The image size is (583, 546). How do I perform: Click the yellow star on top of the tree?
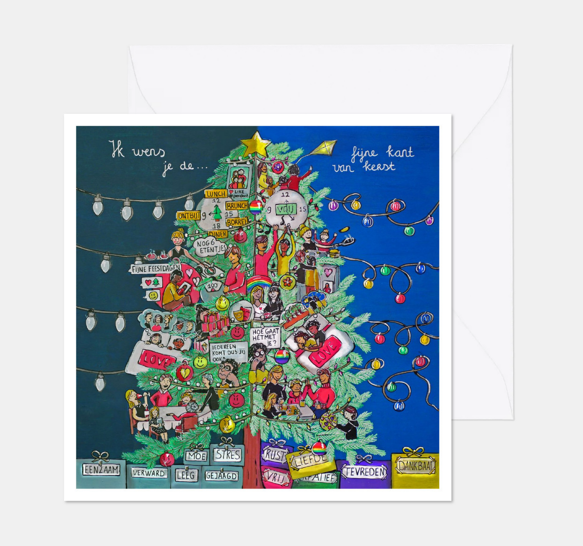[255, 144]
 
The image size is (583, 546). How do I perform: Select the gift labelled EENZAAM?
[101, 470]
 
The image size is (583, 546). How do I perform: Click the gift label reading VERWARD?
[148, 473]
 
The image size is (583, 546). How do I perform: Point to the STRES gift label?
[228, 455]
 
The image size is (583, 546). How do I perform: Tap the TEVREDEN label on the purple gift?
[364, 471]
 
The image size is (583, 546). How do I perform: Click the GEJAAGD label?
[221, 476]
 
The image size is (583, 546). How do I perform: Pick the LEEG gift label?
[186, 475]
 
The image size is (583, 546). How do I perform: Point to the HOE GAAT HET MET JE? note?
[265, 337]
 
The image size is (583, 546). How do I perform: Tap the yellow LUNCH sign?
[216, 194]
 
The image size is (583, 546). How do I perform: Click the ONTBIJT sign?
[189, 216]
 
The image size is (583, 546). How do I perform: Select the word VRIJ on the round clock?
[286, 209]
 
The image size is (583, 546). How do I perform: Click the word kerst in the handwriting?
[379, 166]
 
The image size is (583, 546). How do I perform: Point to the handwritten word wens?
[149, 152]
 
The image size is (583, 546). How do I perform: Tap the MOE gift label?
[197, 456]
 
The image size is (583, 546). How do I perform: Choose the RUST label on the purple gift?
[274, 455]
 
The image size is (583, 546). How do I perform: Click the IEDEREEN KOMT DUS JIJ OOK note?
[228, 352]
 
